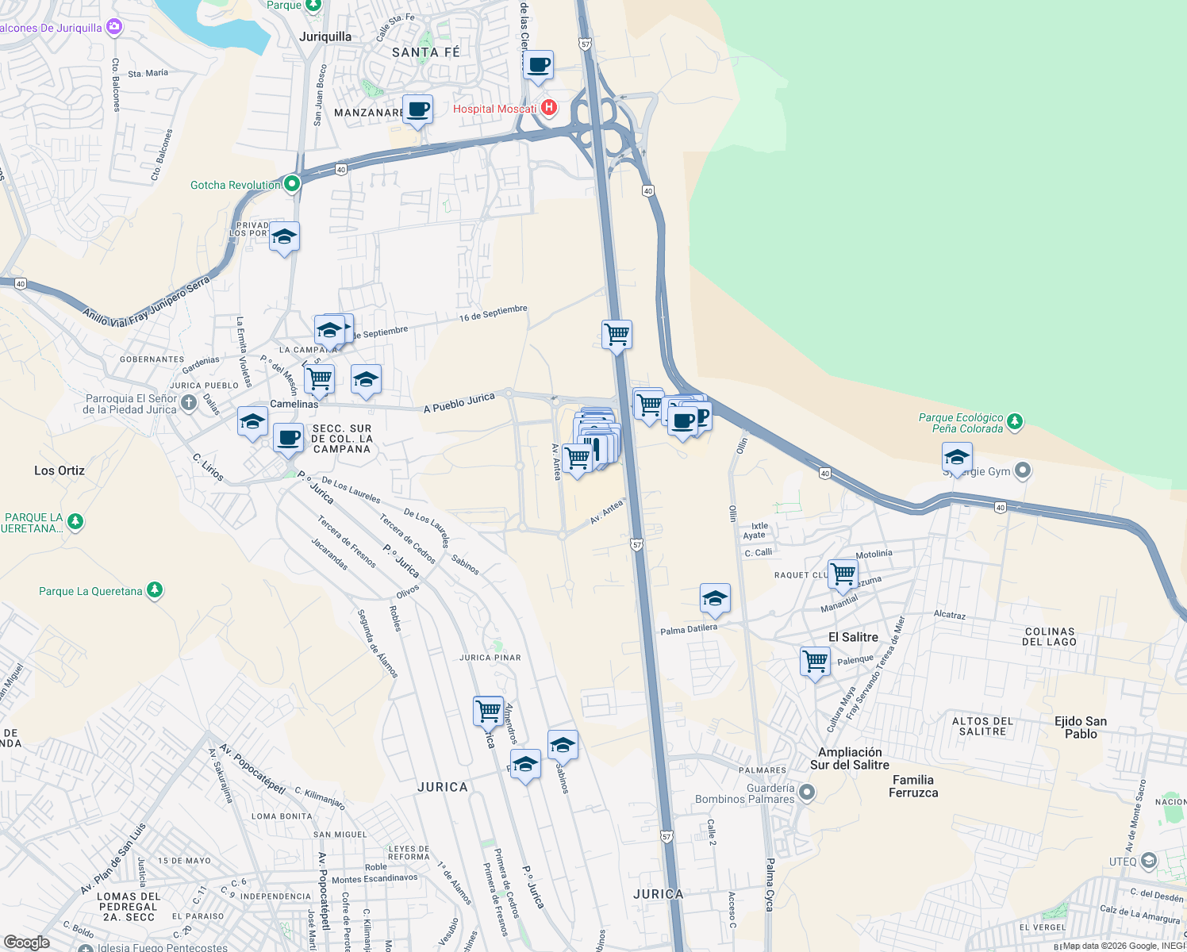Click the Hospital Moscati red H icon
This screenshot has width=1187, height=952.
coord(548,108)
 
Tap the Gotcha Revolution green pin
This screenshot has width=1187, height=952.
coord(292,184)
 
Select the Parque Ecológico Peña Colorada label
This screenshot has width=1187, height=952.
coord(961,423)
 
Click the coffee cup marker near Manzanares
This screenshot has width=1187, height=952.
coord(417,109)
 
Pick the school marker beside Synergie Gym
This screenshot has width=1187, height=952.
coord(957,458)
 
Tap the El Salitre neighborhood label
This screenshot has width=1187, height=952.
coord(853,637)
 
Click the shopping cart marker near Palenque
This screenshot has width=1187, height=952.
coord(815,662)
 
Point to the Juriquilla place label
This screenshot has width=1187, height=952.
coord(325,36)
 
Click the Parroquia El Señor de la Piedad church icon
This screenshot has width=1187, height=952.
coord(188,402)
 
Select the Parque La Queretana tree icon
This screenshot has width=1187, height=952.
coord(155,589)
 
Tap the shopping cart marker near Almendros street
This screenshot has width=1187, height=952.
coord(488,711)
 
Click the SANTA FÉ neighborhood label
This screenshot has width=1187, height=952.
coord(425,52)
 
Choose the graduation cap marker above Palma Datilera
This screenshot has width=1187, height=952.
coord(715,599)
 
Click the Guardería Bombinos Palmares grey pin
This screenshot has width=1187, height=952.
coord(807,792)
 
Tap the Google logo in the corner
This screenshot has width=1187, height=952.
coord(26,942)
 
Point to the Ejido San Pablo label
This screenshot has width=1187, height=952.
coord(1080,727)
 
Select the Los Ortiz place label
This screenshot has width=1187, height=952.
coord(60,470)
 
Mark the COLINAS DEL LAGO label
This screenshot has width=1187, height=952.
coord(1049,637)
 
